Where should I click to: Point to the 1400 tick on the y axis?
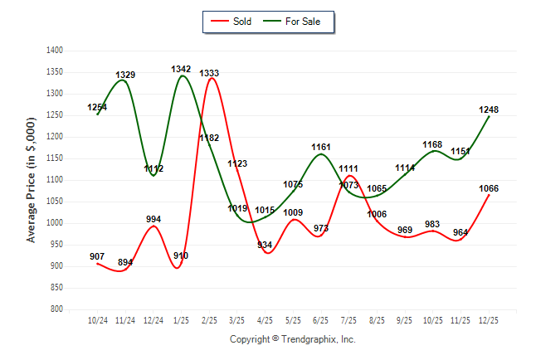[56, 51]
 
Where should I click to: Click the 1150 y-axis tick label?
[56, 158]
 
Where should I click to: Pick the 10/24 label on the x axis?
[97, 319]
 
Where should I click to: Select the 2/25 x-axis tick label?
[209, 319]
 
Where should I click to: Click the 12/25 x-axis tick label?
[488, 319]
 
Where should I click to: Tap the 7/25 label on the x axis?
[348, 319]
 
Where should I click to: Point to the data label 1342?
[181, 69]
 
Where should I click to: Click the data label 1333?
[209, 74]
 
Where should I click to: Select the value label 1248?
[488, 109]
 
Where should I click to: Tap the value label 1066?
[488, 188]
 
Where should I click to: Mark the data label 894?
[125, 262]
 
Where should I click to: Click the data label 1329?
[125, 75]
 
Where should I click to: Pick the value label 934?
[265, 245]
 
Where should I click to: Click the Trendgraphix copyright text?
[292, 339]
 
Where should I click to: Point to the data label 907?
[97, 256]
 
